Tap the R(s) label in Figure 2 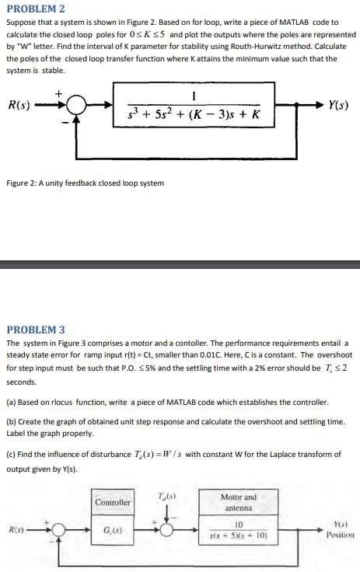pos(18,106)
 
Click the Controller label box pos(113,502)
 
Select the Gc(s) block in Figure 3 pos(113,532)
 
